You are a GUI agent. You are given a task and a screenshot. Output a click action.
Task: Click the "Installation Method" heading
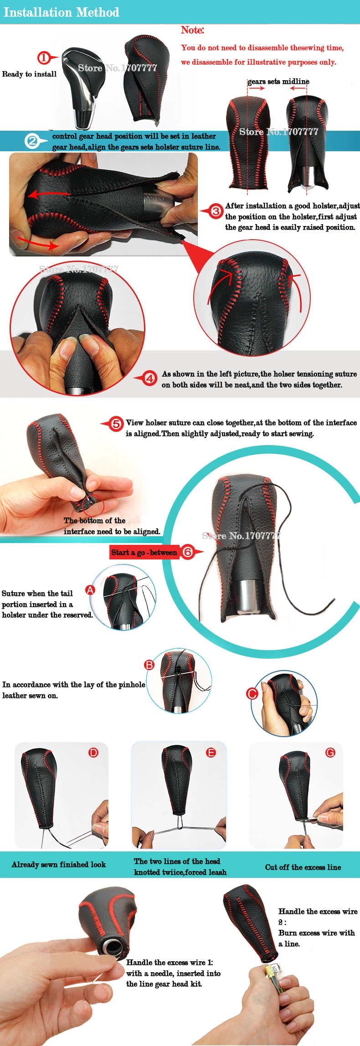pos(62,12)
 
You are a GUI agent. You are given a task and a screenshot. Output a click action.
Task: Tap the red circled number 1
pos(44,58)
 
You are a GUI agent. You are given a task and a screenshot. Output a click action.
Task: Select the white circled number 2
pos(32,141)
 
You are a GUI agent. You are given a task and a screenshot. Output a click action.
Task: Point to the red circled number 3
pos(216,211)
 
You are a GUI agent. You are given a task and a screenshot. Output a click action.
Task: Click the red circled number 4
pos(150,378)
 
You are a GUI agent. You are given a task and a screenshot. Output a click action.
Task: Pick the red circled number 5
pos(117,424)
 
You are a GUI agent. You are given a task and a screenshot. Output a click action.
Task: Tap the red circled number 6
pos(187,552)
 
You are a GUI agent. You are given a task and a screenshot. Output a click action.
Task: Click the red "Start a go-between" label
pos(144,552)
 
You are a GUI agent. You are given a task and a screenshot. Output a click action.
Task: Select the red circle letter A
pos(90,590)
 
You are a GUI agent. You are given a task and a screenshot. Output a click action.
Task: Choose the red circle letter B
pos(149,665)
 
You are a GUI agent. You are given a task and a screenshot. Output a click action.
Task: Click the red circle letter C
pos(252,693)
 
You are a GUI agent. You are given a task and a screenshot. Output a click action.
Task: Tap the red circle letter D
pos(93,753)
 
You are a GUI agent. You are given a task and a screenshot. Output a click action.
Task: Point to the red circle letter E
pos(211,753)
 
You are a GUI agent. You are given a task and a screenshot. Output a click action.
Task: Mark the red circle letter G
pos(330,753)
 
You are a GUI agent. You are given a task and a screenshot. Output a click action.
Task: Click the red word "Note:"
pos(192,30)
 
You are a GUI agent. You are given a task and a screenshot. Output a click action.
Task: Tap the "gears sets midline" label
pos(278,81)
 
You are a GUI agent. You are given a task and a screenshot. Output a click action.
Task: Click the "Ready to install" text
pos(29,74)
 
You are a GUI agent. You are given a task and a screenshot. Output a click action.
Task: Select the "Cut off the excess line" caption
pos(303,867)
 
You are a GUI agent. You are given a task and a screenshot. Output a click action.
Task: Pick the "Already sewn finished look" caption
pos(59,864)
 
